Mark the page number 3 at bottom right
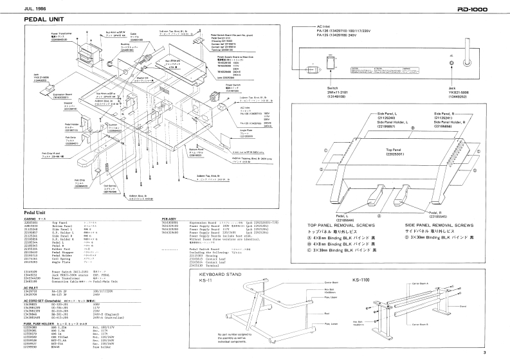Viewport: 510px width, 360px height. (502, 352)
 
